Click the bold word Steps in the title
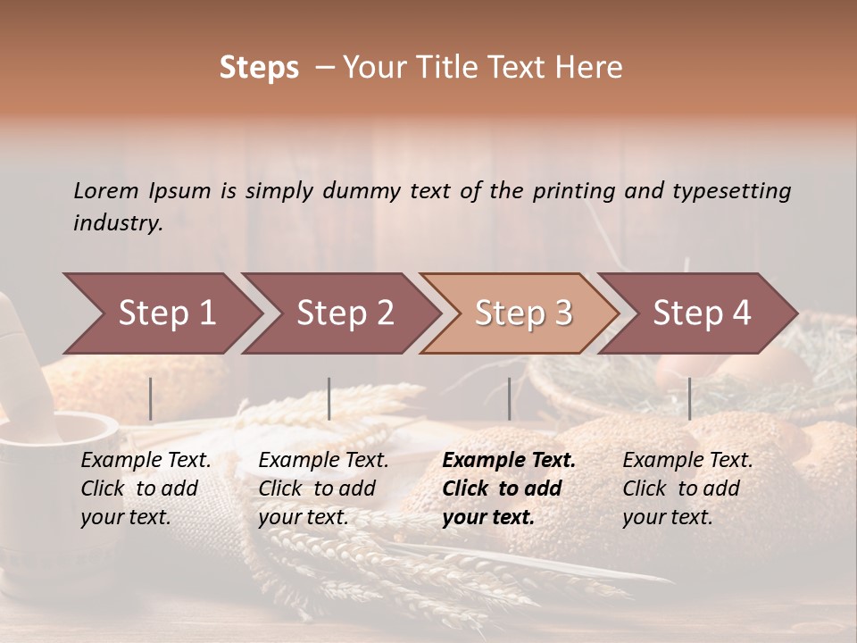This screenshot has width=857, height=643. (259, 68)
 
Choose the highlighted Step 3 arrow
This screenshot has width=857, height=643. (523, 313)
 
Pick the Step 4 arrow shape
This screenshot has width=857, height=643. (702, 313)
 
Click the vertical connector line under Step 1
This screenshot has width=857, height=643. (151, 398)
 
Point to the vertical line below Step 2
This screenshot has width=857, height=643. (329, 398)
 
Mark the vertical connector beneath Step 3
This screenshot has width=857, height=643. (509, 398)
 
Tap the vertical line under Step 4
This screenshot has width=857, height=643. (689, 398)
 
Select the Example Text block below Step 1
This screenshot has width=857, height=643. (146, 489)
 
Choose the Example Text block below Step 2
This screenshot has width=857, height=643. (323, 489)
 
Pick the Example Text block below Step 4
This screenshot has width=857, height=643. (687, 489)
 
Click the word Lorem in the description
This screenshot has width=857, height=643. (106, 190)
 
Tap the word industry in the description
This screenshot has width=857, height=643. (117, 222)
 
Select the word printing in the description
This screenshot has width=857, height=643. (574, 190)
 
